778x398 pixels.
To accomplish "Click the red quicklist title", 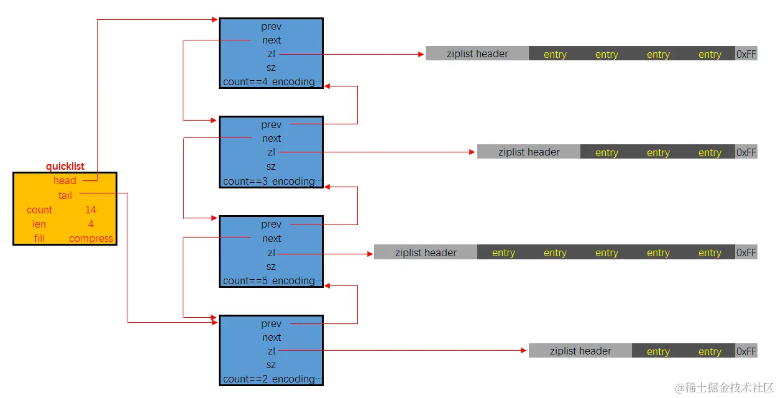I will point(65,167).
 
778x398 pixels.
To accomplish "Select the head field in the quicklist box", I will point(65,181).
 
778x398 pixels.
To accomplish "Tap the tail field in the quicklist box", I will point(65,195).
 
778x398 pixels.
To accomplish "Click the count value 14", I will point(91,210).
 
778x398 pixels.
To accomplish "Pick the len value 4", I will point(91,224).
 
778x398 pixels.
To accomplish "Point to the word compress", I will point(91,239).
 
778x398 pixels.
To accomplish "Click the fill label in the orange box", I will point(39,239).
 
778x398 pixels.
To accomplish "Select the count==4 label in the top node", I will point(245,82).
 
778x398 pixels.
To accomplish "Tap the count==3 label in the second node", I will point(245,182).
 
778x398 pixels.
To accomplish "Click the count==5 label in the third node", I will point(245,281).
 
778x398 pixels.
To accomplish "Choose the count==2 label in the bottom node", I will point(245,379).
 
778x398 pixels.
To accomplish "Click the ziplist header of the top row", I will point(477,54).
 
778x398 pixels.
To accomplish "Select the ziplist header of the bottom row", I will point(580,351).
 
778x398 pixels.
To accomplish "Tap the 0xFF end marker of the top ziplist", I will point(746,54).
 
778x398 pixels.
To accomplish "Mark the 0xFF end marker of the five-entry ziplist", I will point(746,253).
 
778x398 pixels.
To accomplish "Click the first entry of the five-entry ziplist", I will point(503,253).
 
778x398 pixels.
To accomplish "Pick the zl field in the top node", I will point(272,54).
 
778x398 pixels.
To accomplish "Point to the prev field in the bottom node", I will point(272,324).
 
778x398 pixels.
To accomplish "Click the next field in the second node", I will point(272,139).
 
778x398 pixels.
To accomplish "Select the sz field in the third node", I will point(272,267).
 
